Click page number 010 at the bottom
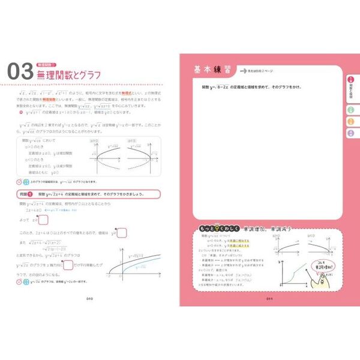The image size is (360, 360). coord(88,298)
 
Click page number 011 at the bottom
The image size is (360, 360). coord(271,298)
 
